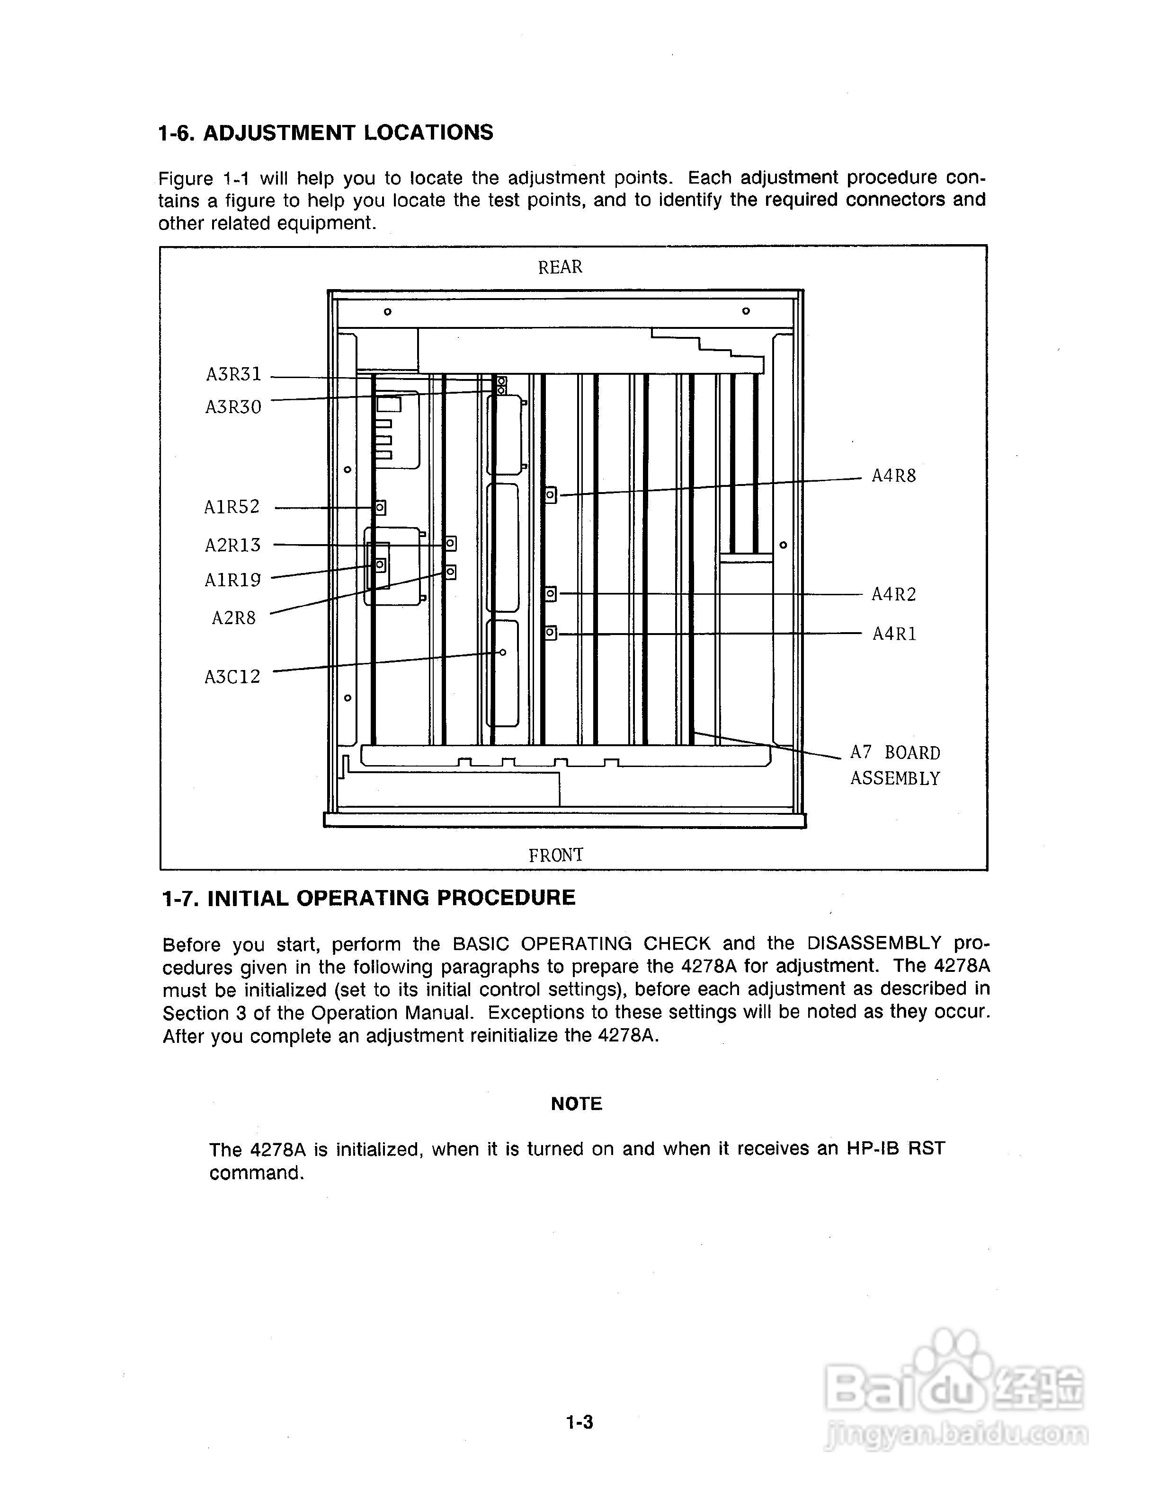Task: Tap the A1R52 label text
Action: [232, 507]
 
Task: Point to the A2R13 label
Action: [233, 546]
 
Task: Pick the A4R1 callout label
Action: [895, 634]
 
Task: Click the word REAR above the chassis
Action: [560, 267]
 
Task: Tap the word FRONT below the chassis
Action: [556, 855]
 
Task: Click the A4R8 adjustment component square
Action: [551, 494]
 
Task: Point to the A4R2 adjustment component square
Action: [551, 593]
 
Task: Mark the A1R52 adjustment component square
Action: [380, 507]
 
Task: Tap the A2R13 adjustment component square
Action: [450, 544]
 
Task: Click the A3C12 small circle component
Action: [503, 652]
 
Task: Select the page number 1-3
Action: [579, 1423]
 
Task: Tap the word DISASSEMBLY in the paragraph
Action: [874, 944]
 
